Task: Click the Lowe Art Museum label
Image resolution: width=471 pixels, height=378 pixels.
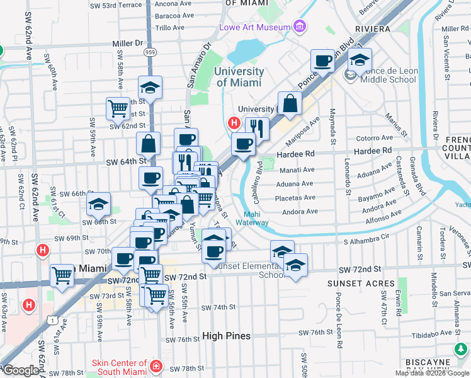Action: [254, 27]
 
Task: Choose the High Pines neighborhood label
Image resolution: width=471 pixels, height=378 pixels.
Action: [227, 336]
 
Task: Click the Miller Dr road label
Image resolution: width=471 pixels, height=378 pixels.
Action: [128, 43]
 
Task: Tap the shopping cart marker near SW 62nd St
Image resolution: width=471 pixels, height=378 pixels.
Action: [118, 108]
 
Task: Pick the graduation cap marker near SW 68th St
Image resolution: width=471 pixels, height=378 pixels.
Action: [98, 203]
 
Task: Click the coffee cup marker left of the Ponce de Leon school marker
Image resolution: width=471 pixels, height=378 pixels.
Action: [323, 60]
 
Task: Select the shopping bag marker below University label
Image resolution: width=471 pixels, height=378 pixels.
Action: [290, 103]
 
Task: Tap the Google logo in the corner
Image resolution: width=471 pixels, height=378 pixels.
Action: [21, 370]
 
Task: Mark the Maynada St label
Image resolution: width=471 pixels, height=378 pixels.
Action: [332, 125]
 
